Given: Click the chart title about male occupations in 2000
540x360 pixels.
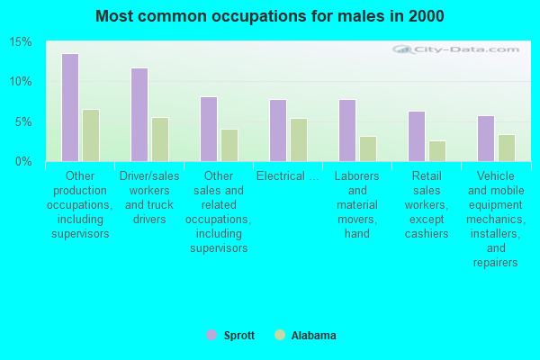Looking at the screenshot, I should (x=269, y=16).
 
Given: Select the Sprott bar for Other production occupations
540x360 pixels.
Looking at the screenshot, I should (x=70, y=107).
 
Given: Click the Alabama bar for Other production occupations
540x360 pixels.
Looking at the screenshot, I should (x=91, y=135).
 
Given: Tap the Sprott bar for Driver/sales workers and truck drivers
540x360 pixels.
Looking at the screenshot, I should (x=139, y=114).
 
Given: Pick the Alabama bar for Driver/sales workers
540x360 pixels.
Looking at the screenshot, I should (x=160, y=139).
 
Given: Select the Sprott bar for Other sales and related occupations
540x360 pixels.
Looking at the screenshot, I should (x=209, y=129).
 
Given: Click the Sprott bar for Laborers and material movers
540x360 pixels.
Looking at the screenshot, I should (x=347, y=130).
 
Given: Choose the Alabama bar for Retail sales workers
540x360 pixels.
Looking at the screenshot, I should (x=437, y=150).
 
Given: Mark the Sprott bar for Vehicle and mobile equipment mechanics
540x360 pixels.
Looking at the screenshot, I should (x=486, y=138).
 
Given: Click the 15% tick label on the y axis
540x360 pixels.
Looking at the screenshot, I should (x=21, y=42).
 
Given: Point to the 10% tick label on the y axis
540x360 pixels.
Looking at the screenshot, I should (x=21, y=82).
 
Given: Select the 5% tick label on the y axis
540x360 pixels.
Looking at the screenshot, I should (x=23, y=121).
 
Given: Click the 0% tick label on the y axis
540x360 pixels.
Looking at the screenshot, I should (x=23, y=161).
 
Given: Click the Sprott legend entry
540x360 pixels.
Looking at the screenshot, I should (x=230, y=336).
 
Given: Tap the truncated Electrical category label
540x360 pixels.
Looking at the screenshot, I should (x=288, y=176).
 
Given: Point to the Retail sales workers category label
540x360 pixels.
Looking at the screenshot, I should (x=427, y=205).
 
